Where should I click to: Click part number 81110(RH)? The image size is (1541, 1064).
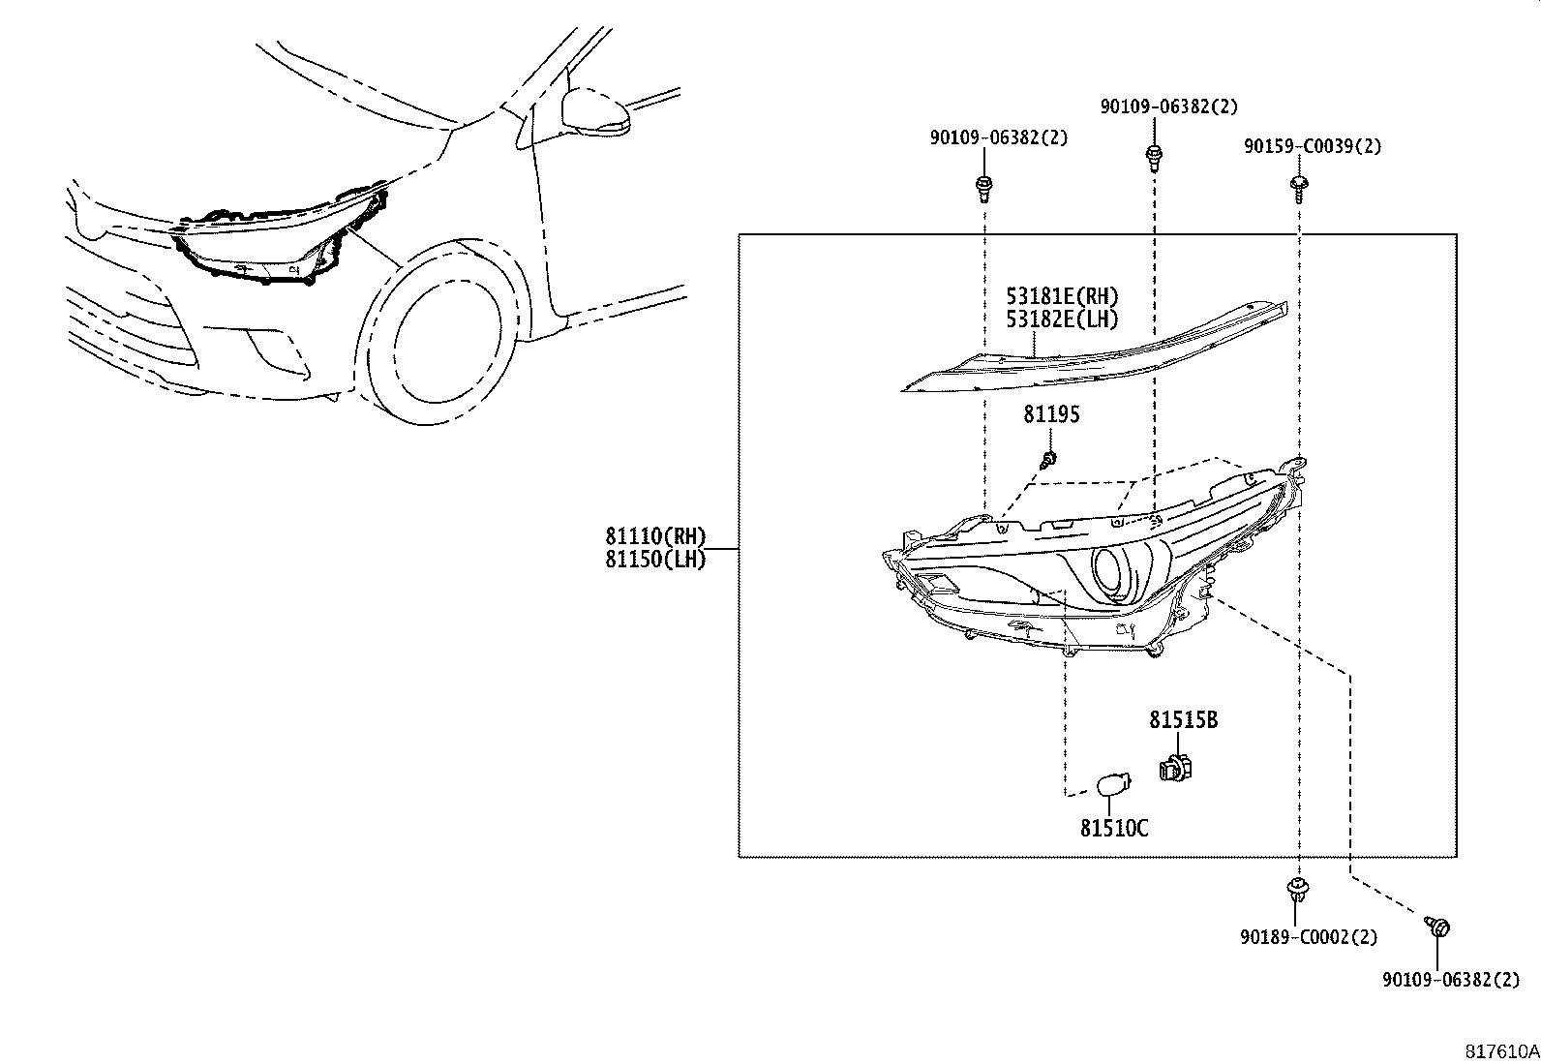click(655, 536)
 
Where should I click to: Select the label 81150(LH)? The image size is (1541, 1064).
click(655, 559)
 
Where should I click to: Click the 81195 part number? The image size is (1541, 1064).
click(1051, 414)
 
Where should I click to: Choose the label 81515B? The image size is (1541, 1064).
click(1183, 720)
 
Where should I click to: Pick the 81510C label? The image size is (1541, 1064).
click(1114, 829)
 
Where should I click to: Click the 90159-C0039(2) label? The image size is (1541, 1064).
click(1313, 147)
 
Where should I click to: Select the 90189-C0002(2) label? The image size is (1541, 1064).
click(1307, 937)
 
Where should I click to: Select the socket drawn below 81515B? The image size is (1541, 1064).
click(1175, 767)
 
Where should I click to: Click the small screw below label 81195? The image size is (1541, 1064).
click(1048, 459)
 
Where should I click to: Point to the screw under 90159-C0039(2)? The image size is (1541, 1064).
click(1299, 186)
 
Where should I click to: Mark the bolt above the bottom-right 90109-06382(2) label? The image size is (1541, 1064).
click(1438, 927)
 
